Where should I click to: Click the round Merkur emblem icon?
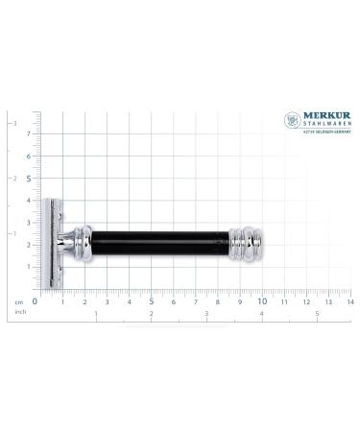(x=293, y=121)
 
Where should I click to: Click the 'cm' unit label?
(x=18, y=300)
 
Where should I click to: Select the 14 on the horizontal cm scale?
(x=349, y=300)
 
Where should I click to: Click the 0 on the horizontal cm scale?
(x=35, y=300)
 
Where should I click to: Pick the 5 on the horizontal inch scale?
(x=318, y=313)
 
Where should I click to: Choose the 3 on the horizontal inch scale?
(x=206, y=313)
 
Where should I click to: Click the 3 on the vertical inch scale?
(x=12, y=124)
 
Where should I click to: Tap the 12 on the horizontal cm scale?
(x=304, y=300)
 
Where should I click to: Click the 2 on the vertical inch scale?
(x=12, y=179)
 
